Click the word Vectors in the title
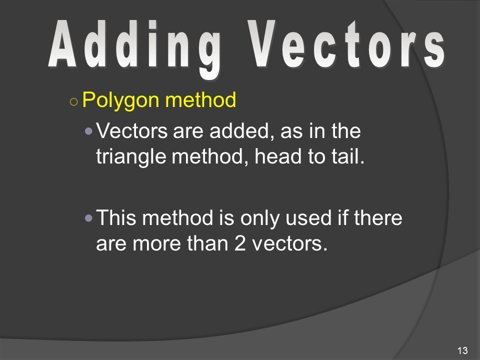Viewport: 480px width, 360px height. [346, 44]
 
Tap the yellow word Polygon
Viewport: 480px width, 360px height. [121, 100]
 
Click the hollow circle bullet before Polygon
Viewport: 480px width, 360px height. [74, 101]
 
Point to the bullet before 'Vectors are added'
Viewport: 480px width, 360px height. [88, 131]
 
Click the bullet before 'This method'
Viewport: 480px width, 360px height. [88, 218]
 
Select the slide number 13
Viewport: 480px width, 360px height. [462, 350]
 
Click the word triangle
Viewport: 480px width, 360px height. [131, 157]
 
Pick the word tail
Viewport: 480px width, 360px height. [348, 156]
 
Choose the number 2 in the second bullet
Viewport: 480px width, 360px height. [240, 244]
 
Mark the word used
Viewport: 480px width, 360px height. [308, 218]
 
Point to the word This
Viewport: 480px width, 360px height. [116, 217]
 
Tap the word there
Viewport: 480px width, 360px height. [378, 218]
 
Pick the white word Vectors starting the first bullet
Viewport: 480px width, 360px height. [131, 131]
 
